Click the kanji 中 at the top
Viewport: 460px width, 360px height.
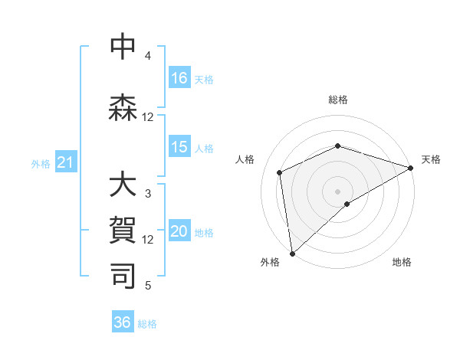click(123, 47)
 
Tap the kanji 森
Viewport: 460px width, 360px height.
click(123, 109)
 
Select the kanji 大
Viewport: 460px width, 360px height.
click(123, 186)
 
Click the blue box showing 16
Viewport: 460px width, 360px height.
click(179, 78)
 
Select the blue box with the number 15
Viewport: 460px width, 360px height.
click(179, 147)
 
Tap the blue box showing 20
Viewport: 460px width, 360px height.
click(179, 232)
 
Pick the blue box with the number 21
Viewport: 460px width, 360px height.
click(66, 162)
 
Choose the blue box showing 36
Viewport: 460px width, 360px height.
click(123, 322)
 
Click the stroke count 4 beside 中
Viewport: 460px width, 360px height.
click(148, 56)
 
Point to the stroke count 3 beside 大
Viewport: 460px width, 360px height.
click(148, 194)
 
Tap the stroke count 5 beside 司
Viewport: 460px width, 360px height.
click(148, 286)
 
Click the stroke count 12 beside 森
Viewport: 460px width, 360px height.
click(148, 117)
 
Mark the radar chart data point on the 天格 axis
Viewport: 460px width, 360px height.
click(411, 168)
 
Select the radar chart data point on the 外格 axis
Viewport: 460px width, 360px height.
click(292, 253)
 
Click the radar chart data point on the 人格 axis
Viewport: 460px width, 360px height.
click(280, 172)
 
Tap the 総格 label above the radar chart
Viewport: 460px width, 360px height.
click(338, 100)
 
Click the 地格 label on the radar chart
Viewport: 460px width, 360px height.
click(402, 262)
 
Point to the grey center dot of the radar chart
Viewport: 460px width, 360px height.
click(337, 191)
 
